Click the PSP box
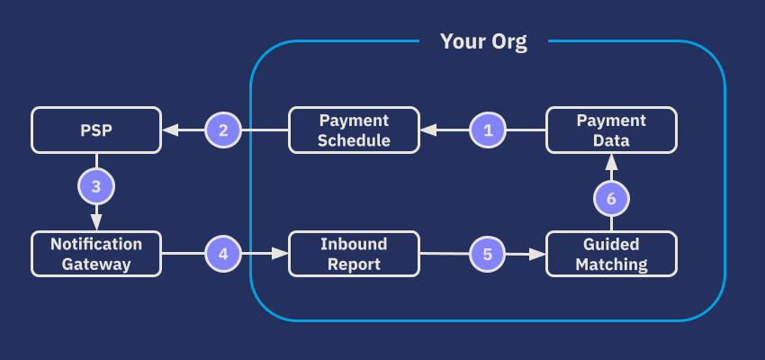(96, 130)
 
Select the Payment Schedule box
(354, 130)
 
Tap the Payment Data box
(611, 130)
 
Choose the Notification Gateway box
(96, 254)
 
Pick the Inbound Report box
(354, 254)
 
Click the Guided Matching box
(611, 254)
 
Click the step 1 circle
(489, 130)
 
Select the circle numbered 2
(223, 130)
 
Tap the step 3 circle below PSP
(96, 186)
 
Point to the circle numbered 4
(223, 254)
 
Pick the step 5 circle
(488, 254)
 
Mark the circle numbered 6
(611, 197)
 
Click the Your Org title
(483, 41)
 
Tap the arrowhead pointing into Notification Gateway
(96, 223)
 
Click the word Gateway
(96, 264)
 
